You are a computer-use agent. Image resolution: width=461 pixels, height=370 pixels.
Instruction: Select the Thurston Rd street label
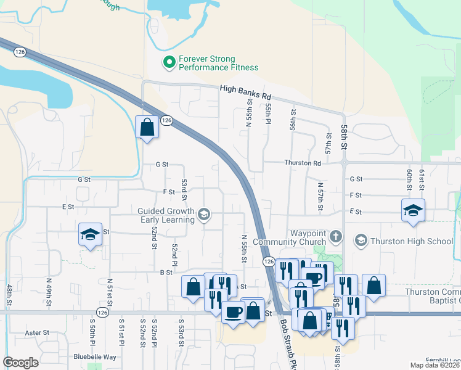point(303,163)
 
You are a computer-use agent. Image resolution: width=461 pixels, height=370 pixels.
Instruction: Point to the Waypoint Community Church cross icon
point(335,236)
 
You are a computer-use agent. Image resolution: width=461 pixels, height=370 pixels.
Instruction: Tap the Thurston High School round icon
point(361,241)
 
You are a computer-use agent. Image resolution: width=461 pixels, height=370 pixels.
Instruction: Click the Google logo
point(20,363)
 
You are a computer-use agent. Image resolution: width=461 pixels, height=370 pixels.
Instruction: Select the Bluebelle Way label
point(95,356)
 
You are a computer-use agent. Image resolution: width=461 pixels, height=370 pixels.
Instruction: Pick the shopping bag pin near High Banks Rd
point(147,128)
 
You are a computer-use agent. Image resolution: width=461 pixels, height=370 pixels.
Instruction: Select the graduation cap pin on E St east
point(412,210)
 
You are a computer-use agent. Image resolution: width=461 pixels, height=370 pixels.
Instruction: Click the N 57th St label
point(320,196)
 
